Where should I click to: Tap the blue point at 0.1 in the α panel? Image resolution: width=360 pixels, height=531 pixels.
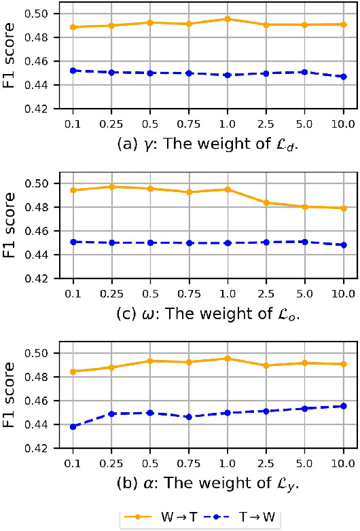pos(73,426)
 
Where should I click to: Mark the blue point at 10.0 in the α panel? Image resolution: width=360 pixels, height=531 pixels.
pos(344,406)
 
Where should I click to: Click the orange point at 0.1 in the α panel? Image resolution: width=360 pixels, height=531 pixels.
pos(73,371)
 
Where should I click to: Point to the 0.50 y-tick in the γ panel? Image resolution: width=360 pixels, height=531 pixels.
pos(38,14)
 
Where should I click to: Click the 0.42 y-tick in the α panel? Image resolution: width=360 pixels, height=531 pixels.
pos(38,448)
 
